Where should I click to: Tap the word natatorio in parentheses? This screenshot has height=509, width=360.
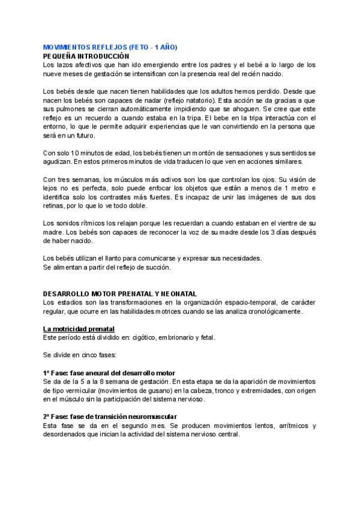(209, 100)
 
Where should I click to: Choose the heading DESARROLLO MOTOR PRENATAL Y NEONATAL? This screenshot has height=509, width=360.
(120, 294)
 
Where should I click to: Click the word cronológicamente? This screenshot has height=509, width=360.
(272, 312)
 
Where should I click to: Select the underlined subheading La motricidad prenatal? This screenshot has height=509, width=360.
(79, 329)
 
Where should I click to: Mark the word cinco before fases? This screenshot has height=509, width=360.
(87, 355)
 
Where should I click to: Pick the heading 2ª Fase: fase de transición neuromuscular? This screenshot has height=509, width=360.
(111, 417)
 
